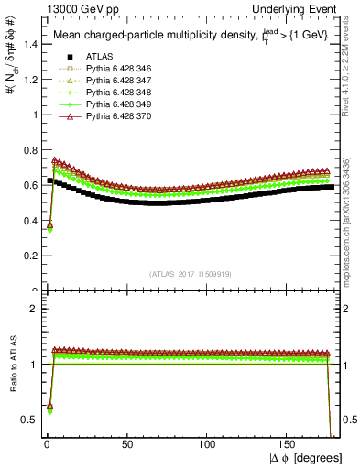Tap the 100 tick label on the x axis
tap(207, 443)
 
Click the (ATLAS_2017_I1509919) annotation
tap(191, 272)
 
